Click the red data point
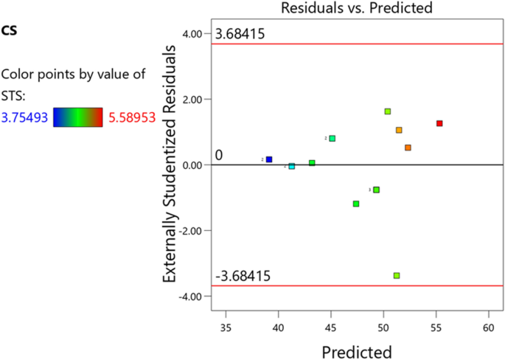coord(439,123)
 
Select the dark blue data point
coord(269,159)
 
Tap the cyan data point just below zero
coord(292,167)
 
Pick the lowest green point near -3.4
coord(397,275)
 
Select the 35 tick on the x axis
coord(226,325)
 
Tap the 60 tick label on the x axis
coord(488,325)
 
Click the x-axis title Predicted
coord(356,350)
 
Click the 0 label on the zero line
coord(218,155)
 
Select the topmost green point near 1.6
coord(388,111)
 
